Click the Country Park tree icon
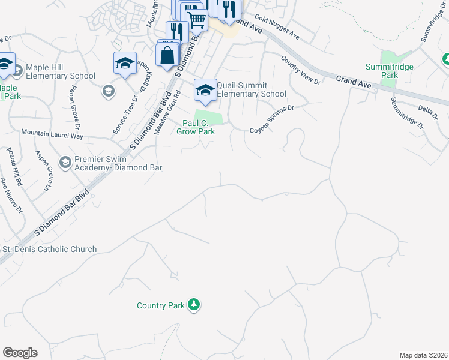click(193, 305)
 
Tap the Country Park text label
click(160, 305)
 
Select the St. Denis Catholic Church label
click(50, 249)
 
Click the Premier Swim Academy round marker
click(65, 162)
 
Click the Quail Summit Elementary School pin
click(205, 91)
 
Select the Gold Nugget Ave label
click(277, 28)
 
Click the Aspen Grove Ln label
click(45, 171)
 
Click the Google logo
click(20, 353)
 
